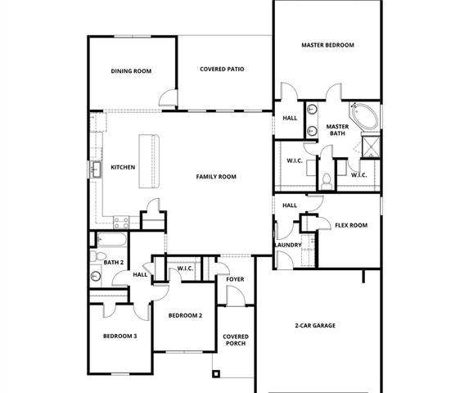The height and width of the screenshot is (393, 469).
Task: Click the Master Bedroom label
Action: [327, 45]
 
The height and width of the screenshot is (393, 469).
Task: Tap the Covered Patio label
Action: [222, 70]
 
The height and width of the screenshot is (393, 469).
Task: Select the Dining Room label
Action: [131, 71]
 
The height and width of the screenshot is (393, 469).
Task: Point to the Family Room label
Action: [216, 177]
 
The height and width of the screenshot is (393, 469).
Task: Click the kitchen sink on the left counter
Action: [96, 169]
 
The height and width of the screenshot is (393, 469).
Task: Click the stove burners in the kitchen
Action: [121, 220]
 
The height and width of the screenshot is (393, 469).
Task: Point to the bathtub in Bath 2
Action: [110, 241]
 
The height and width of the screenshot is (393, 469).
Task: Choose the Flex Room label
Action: [350, 225]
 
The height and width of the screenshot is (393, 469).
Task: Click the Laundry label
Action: [288, 245]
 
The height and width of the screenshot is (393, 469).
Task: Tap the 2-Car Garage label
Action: [315, 325]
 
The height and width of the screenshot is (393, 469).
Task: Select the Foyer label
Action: [235, 280]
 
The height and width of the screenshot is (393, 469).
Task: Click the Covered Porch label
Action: [235, 340]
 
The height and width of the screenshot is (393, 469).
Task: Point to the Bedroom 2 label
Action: [185, 315]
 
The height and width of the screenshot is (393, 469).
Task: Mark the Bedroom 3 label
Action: [120, 337]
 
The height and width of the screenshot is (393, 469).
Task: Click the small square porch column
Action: [216, 375]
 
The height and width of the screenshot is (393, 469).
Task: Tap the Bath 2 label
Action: [114, 262]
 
